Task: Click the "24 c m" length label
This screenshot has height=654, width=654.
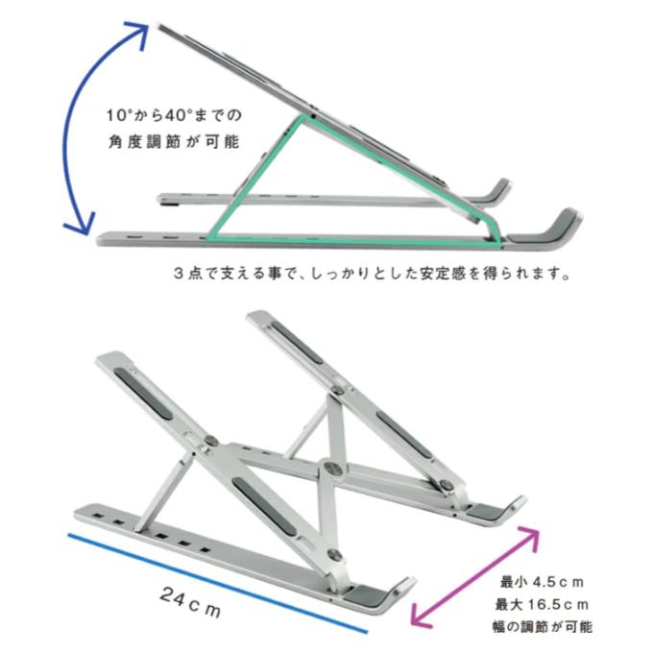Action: click(190, 603)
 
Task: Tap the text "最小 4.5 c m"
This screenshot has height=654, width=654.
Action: click(542, 582)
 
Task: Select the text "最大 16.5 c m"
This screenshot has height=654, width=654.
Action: click(542, 604)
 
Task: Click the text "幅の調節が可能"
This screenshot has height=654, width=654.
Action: click(542, 627)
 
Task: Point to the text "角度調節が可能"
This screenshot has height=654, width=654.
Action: click(174, 142)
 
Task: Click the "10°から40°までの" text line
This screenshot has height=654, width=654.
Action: click(174, 115)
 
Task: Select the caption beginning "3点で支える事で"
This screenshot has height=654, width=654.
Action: click(372, 274)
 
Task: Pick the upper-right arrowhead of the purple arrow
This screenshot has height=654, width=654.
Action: click(530, 537)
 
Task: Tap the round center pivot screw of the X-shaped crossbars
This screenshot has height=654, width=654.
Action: click(332, 469)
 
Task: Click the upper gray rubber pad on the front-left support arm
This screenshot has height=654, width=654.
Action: click(143, 393)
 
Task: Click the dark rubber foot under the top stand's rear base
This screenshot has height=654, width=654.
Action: click(169, 204)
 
